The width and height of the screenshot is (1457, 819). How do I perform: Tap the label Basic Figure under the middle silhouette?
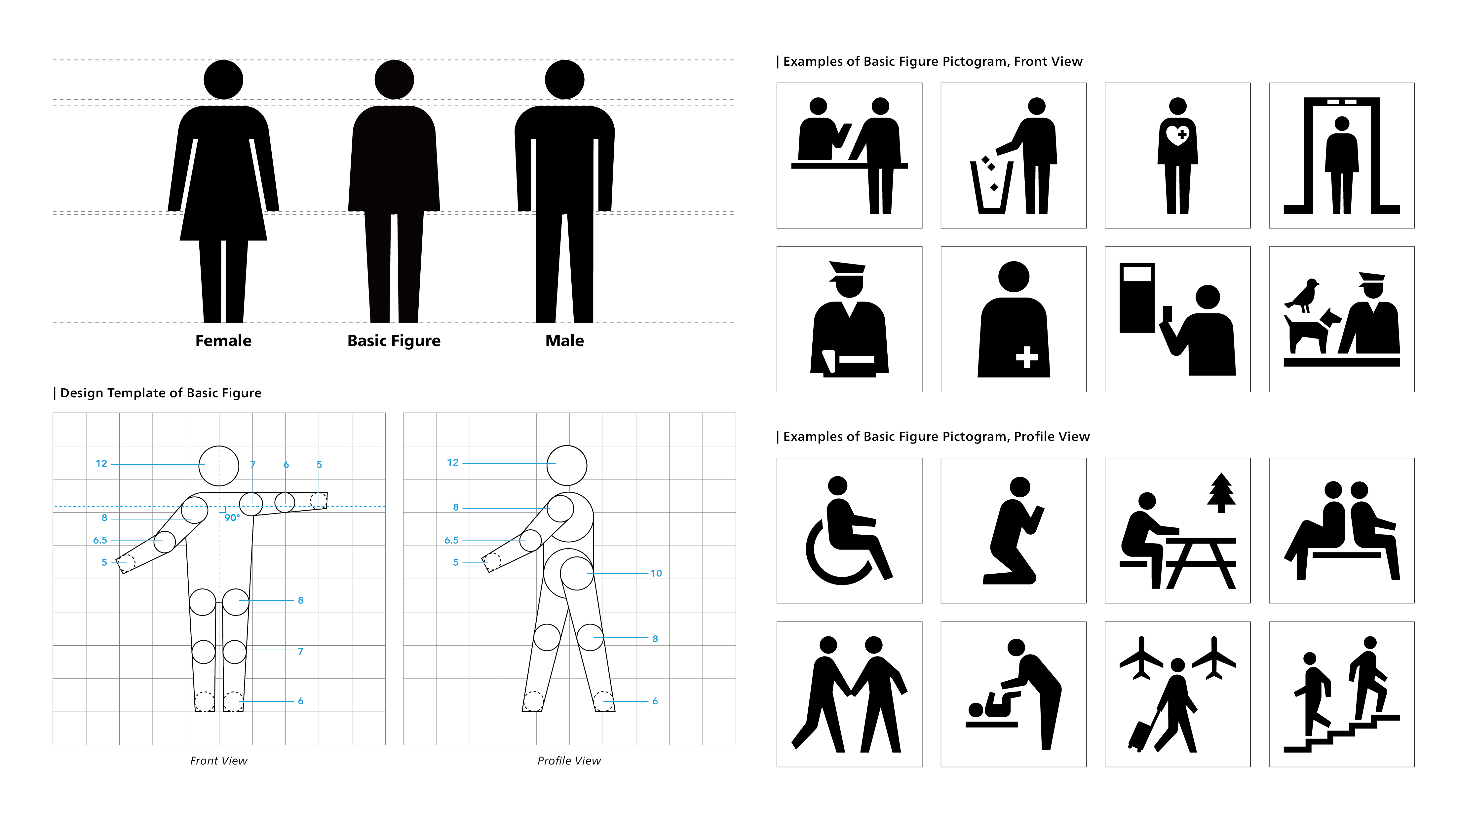click(394, 341)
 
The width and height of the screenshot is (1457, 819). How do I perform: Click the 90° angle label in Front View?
click(232, 518)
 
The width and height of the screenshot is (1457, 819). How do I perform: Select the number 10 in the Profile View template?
click(656, 573)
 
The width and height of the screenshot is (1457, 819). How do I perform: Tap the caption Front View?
click(218, 761)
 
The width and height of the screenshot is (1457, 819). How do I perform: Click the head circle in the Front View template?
click(219, 466)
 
